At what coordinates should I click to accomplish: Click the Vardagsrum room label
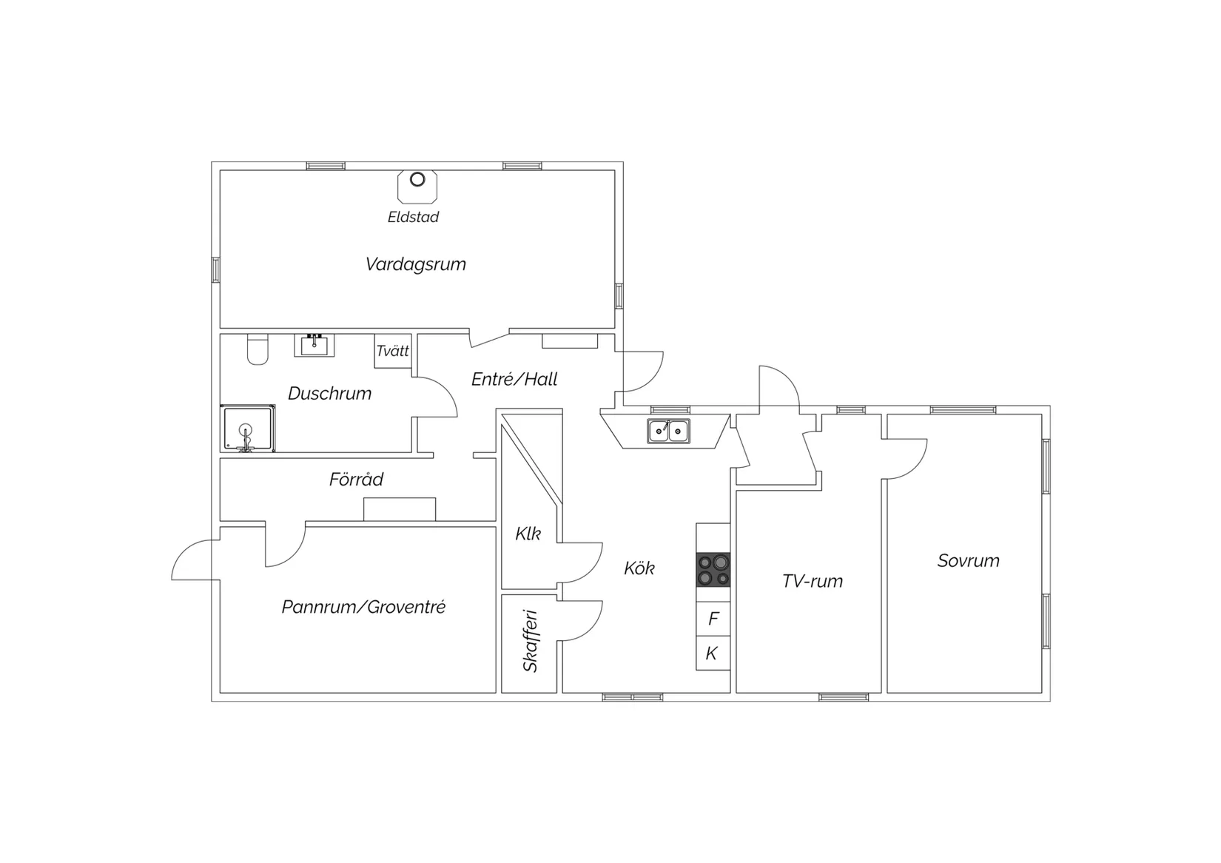point(415,264)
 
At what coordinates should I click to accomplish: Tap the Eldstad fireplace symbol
point(417,186)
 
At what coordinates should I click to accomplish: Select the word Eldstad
point(413,217)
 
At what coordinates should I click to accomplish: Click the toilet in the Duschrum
point(257,350)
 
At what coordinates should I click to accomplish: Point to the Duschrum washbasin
point(314,345)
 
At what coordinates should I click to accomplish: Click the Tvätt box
point(392,351)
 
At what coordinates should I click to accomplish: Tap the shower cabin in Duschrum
point(248,429)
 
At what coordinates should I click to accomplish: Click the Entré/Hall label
point(514,379)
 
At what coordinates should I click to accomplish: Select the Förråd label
point(356,480)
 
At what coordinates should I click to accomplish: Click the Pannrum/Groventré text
point(363,608)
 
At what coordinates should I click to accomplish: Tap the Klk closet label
point(528,534)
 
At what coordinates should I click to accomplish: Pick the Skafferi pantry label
point(530,641)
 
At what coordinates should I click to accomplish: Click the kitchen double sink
point(668,431)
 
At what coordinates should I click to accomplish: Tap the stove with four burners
point(713,570)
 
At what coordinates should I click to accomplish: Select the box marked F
point(713,618)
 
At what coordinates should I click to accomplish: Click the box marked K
point(712,654)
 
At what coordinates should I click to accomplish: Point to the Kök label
point(639,568)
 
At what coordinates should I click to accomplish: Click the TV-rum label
point(812,581)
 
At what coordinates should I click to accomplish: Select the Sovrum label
point(968,561)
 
